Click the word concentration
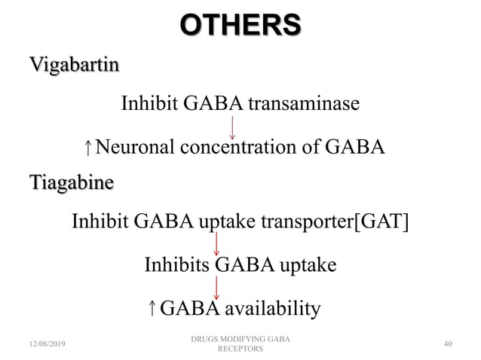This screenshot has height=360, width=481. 241,146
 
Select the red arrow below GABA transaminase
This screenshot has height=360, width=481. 232,126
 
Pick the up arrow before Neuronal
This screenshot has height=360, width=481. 90,147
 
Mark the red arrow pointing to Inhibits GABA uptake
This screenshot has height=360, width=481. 217,243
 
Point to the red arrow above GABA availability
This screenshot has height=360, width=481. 217,286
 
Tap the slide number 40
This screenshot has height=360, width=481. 448,344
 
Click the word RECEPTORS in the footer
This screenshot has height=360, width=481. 240,349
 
